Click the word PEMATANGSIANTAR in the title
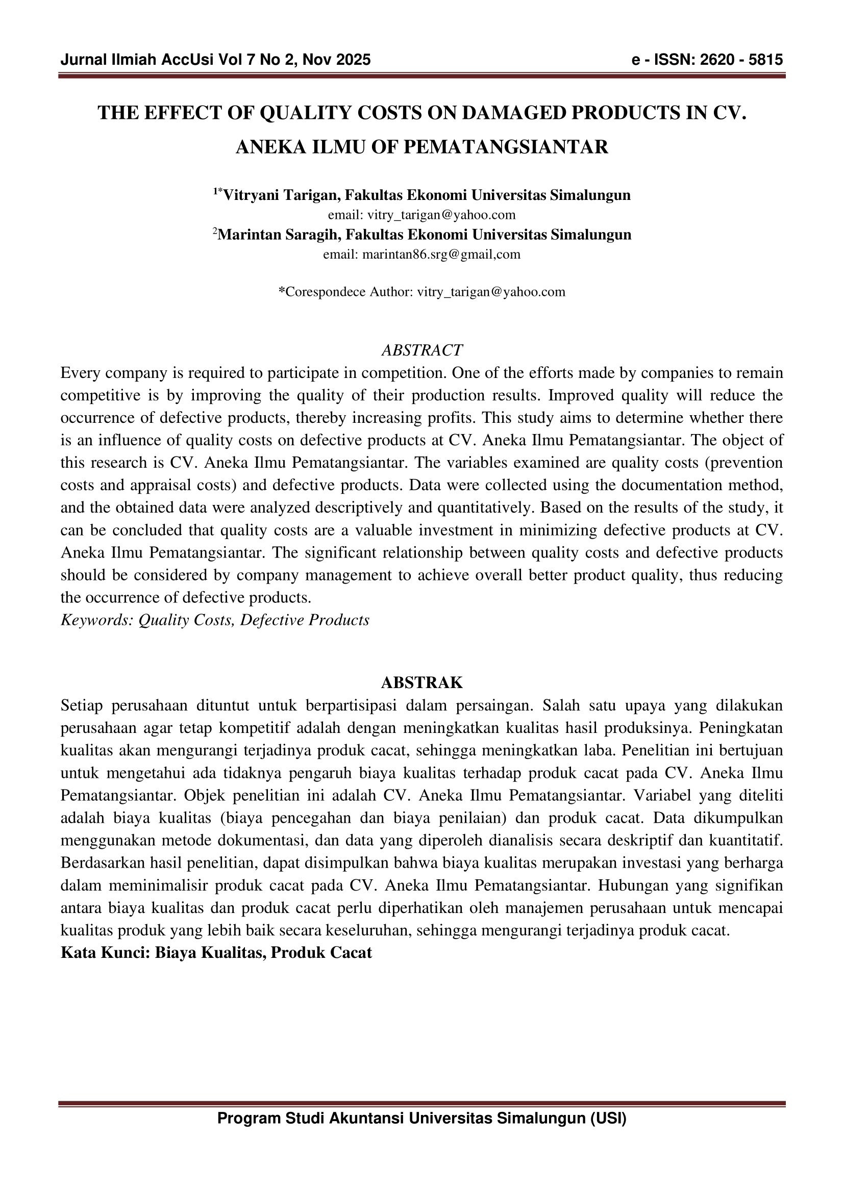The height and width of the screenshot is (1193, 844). click(x=505, y=147)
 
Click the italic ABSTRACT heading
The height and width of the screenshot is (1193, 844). click(x=422, y=350)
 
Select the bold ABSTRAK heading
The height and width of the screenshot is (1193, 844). click(x=422, y=683)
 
